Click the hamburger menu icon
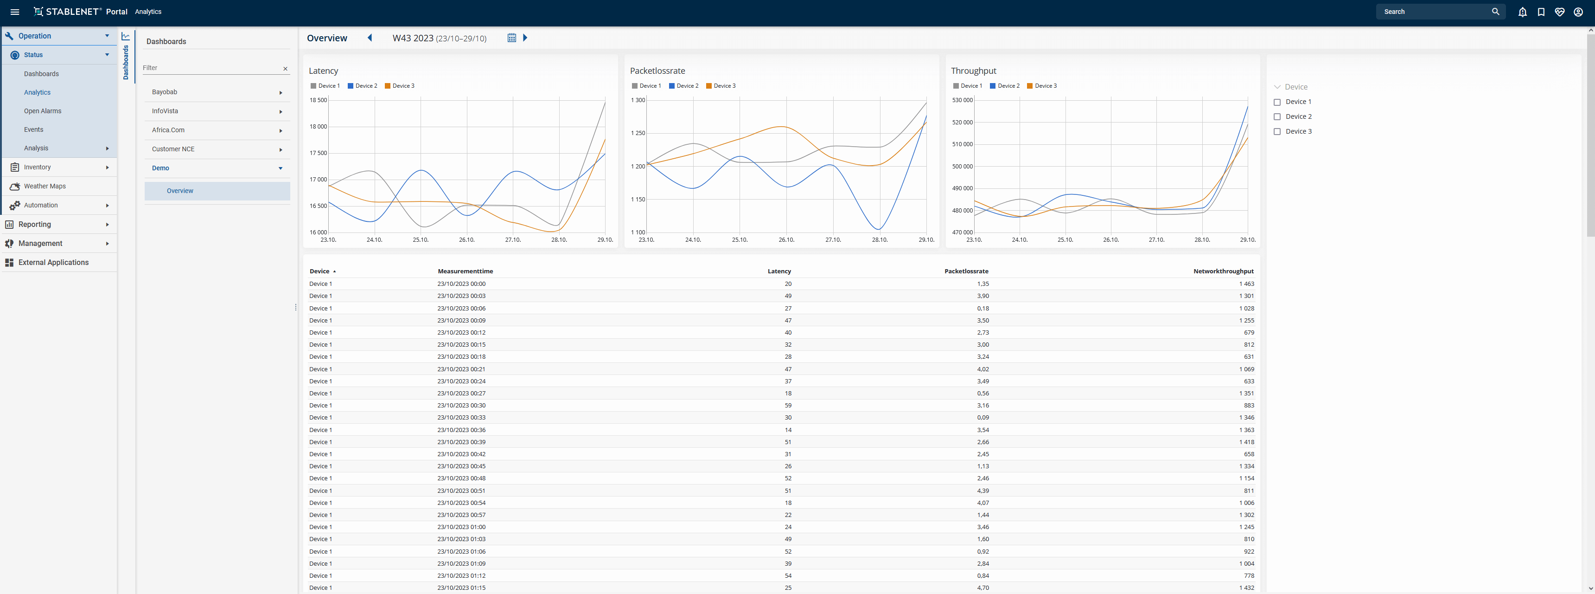pyautogui.click(x=15, y=12)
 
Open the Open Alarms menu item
pyautogui.click(x=43, y=111)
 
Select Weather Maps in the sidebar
pyautogui.click(x=45, y=186)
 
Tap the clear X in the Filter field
pyautogui.click(x=286, y=69)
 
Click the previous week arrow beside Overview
pyautogui.click(x=370, y=38)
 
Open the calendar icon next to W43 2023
pyautogui.click(x=511, y=38)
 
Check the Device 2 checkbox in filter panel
pyautogui.click(x=1277, y=117)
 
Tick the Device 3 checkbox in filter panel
pyautogui.click(x=1277, y=132)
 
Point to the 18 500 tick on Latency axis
pyautogui.click(x=318, y=100)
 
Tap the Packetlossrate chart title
pyautogui.click(x=657, y=71)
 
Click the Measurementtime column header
pyautogui.click(x=466, y=271)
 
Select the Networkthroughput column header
pyautogui.click(x=1224, y=271)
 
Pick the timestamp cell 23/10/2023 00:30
pyautogui.click(x=461, y=406)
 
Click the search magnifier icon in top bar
pyautogui.click(x=1495, y=12)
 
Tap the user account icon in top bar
pyautogui.click(x=1578, y=12)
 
